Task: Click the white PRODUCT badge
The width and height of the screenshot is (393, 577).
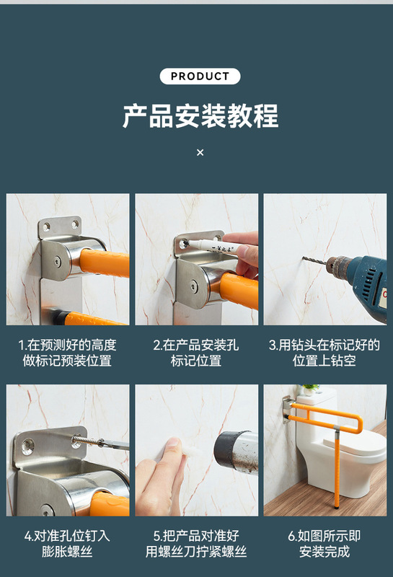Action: (200, 76)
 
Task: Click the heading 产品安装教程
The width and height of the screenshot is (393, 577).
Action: (200, 116)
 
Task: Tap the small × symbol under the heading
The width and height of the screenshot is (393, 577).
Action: (200, 152)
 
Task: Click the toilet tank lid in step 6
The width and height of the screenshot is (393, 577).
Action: (317, 400)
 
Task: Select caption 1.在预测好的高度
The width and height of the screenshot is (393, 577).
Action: (67, 345)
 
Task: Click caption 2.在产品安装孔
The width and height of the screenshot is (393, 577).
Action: (196, 345)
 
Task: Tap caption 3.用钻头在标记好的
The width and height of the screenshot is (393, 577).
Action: (324, 345)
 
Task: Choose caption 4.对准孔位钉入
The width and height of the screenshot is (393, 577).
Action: (67, 536)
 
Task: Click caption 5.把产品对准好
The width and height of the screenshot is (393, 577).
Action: (196, 536)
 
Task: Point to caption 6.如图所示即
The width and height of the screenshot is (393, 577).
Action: (324, 536)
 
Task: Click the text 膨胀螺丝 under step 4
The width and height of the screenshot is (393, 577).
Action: (67, 552)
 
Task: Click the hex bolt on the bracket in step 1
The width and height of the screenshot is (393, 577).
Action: (56, 262)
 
